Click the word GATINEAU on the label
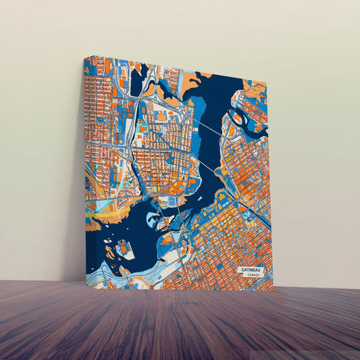pyautogui.click(x=251, y=269)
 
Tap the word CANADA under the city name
pyautogui.click(x=253, y=276)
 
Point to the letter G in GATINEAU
pyautogui.click(x=242, y=269)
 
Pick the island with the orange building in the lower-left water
pyautogui.click(x=125, y=249)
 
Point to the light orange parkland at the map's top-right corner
pyautogui.click(x=257, y=87)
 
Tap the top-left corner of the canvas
pyautogui.click(x=85, y=57)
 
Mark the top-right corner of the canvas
pyautogui.click(x=268, y=82)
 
